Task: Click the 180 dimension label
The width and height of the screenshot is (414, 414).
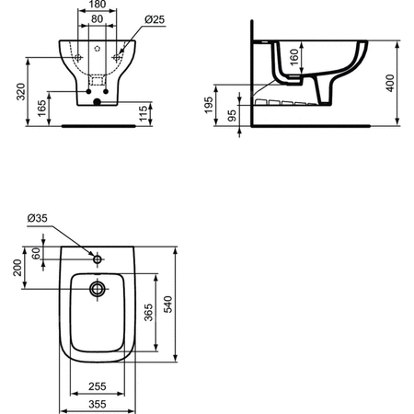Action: click(97, 6)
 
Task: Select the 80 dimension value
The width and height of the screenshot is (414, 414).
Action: click(97, 18)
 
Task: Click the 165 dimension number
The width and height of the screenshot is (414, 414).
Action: click(41, 108)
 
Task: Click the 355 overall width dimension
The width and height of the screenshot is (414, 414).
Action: click(95, 404)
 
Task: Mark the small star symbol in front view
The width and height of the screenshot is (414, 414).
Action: click(97, 44)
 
